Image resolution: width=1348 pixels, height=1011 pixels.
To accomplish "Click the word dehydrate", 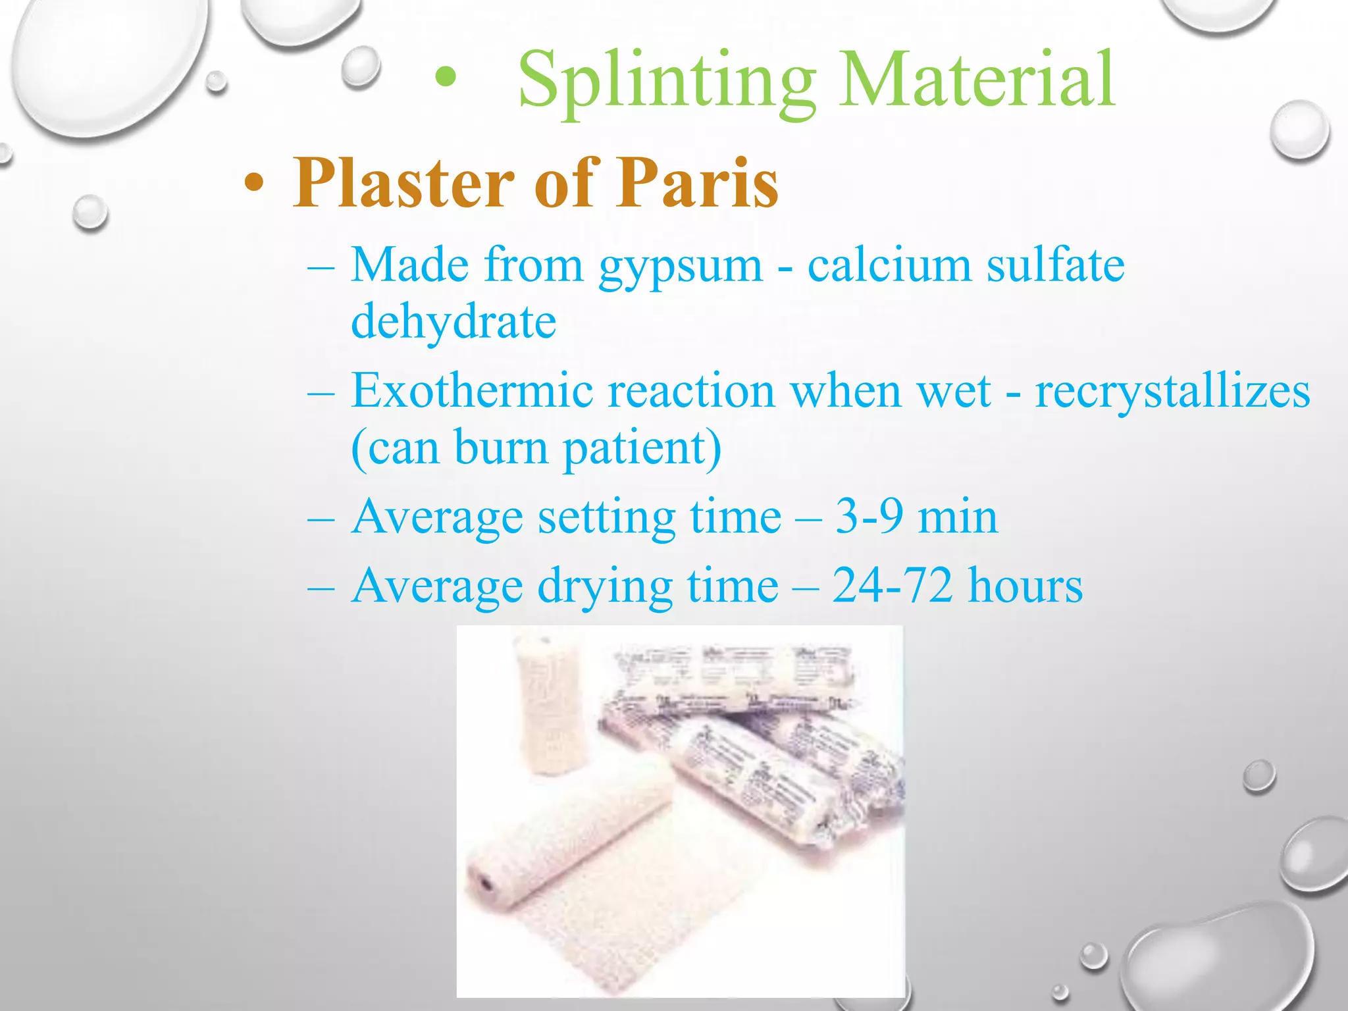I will click(454, 323).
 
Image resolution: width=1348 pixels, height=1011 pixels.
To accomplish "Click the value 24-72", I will click(892, 586).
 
